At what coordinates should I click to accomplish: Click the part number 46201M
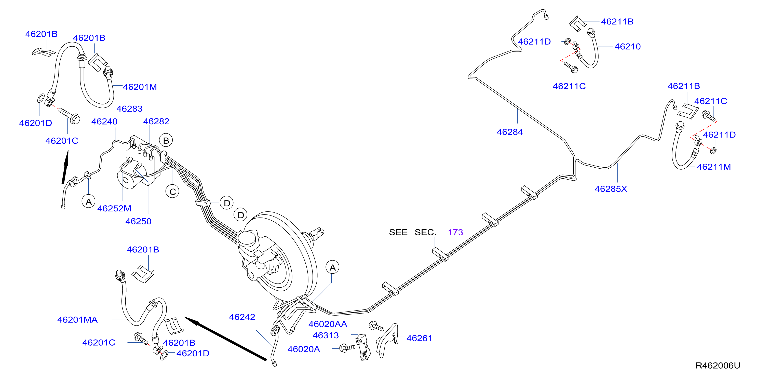[140, 87]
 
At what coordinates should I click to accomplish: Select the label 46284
[510, 132]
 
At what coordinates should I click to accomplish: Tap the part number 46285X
[611, 189]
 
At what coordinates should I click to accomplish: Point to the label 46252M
[114, 208]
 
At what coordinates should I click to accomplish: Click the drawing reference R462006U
[718, 366]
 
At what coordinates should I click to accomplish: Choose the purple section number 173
[455, 232]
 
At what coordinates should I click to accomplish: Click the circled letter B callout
[166, 140]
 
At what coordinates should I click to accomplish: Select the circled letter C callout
[172, 192]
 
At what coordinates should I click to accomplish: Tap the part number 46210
[627, 47]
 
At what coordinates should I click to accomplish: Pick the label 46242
[242, 317]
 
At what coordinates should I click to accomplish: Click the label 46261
[419, 338]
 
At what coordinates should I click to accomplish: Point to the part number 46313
[326, 335]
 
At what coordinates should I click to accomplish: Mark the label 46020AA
[328, 324]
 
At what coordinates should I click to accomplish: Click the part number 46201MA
[77, 320]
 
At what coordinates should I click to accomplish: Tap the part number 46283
[129, 109]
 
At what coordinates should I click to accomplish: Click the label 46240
[104, 121]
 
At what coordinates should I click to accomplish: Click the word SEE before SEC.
[398, 232]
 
